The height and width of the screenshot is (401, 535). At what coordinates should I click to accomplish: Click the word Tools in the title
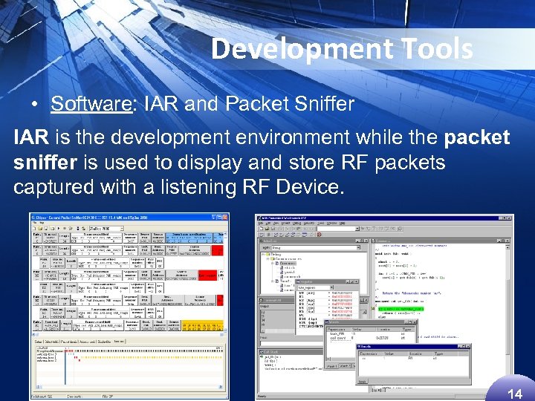[436, 49]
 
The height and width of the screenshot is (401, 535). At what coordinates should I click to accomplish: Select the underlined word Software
[89, 104]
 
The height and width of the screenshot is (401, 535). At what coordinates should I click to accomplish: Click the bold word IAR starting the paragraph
[32, 138]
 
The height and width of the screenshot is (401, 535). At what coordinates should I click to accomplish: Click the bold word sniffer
[46, 163]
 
